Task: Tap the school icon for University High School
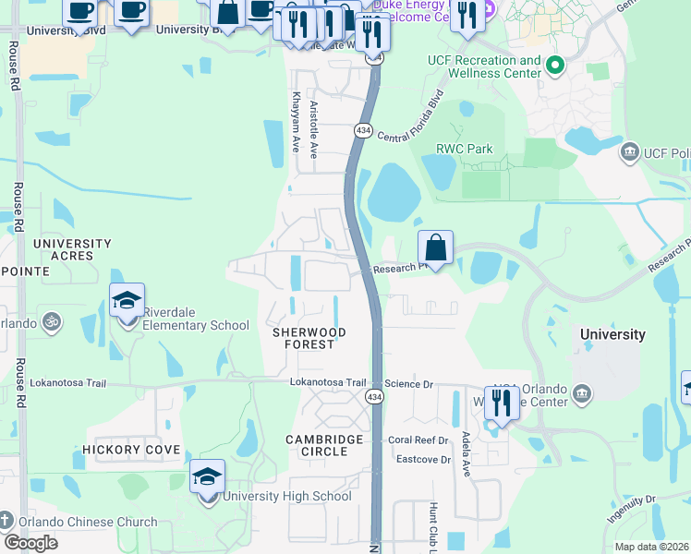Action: point(208,477)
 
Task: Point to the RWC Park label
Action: point(465,149)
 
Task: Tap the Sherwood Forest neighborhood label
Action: point(309,338)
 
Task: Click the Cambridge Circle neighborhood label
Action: point(330,445)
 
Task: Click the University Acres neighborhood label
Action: point(72,249)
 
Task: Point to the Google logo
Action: point(30,542)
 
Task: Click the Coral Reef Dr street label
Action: point(418,440)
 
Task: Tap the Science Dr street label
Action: point(408,383)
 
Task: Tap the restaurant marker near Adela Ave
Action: point(502,403)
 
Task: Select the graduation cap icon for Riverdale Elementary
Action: point(127,301)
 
